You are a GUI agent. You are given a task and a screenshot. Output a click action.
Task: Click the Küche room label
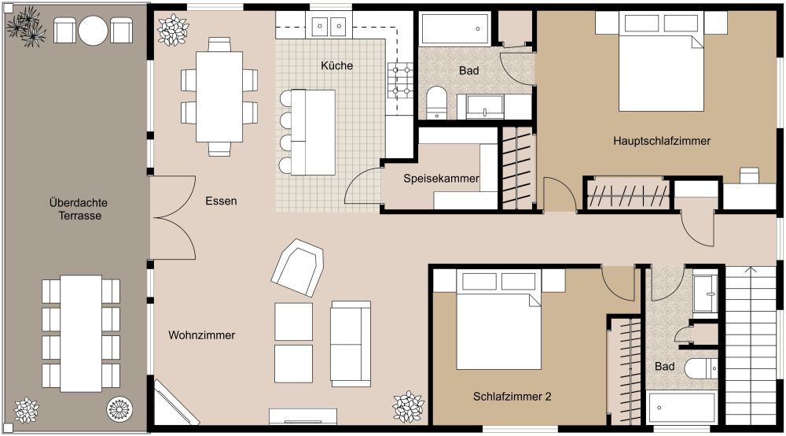(336, 66)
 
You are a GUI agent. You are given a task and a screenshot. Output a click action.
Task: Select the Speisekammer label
(441, 179)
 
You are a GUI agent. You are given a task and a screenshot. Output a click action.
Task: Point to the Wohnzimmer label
(201, 335)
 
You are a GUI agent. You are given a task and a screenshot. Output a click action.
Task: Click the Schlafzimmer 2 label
(512, 397)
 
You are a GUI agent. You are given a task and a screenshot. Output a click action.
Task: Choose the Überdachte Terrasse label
(74, 208)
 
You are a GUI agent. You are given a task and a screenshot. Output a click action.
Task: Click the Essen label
(220, 201)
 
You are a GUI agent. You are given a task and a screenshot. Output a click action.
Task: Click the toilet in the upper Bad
(436, 103)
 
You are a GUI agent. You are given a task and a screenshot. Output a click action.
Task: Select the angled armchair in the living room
(298, 267)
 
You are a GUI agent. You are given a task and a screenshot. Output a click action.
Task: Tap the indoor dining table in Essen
(219, 95)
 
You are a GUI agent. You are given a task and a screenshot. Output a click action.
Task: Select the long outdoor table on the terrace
(80, 333)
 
